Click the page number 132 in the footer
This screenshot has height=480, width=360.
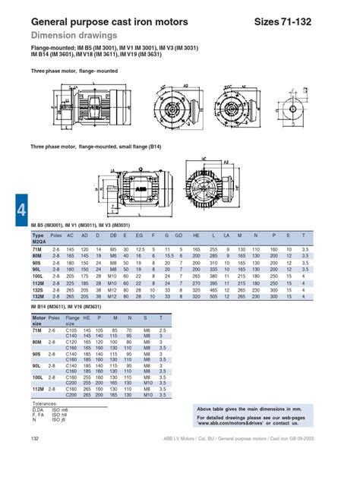35,460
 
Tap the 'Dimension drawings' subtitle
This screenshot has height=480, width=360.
68,35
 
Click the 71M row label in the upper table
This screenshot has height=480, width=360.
37,249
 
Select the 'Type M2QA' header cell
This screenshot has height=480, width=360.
38,239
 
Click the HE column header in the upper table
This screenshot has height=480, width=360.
197,236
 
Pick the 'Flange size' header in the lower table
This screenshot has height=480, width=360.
73,320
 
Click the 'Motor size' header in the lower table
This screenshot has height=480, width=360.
39,320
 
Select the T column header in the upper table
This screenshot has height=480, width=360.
304,236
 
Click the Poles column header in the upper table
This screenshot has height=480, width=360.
56,236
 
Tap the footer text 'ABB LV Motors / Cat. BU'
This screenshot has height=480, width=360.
195,460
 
